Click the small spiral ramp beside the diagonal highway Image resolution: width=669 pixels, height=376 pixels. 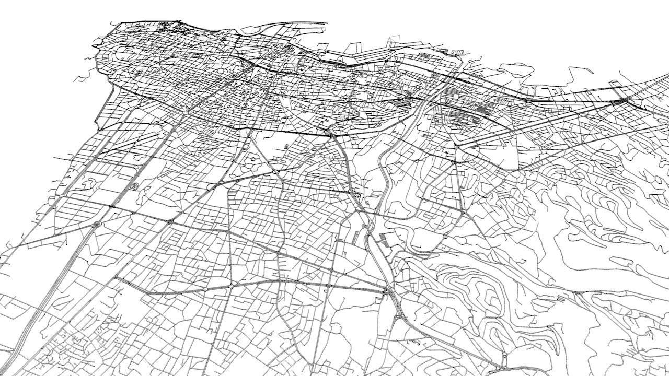pyautogui.click(x=134, y=186)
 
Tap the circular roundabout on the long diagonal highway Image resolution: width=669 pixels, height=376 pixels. pyautogui.click(x=96, y=225)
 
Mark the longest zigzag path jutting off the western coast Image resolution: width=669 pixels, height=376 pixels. pyautogui.click(x=84, y=78)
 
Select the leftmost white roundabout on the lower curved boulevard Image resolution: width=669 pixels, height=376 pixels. pyautogui.click(x=206, y=289)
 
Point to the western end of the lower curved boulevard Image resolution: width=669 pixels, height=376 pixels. pyautogui.click(x=116, y=278)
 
